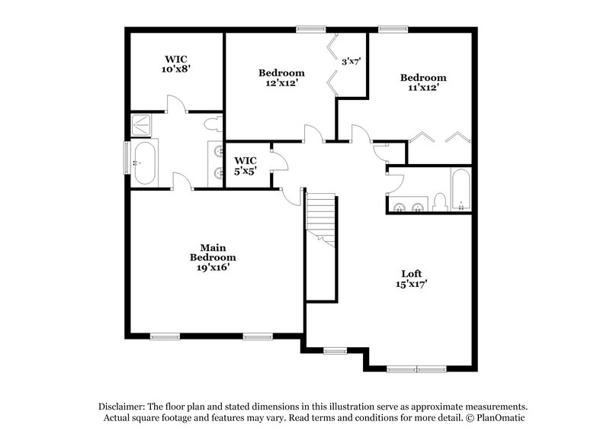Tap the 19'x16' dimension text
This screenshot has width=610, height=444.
tap(213, 267)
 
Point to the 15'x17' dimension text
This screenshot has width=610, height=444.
tap(412, 285)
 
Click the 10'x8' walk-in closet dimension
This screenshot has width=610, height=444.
tap(175, 69)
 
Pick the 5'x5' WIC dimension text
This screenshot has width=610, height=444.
tap(246, 171)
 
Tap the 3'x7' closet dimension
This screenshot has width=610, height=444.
tap(350, 62)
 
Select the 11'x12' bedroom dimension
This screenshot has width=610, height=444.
tap(422, 88)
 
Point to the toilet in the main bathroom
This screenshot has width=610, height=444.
tap(213, 122)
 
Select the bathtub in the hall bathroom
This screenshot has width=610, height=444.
tap(461, 189)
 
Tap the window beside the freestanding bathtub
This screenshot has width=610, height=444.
tap(127, 158)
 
